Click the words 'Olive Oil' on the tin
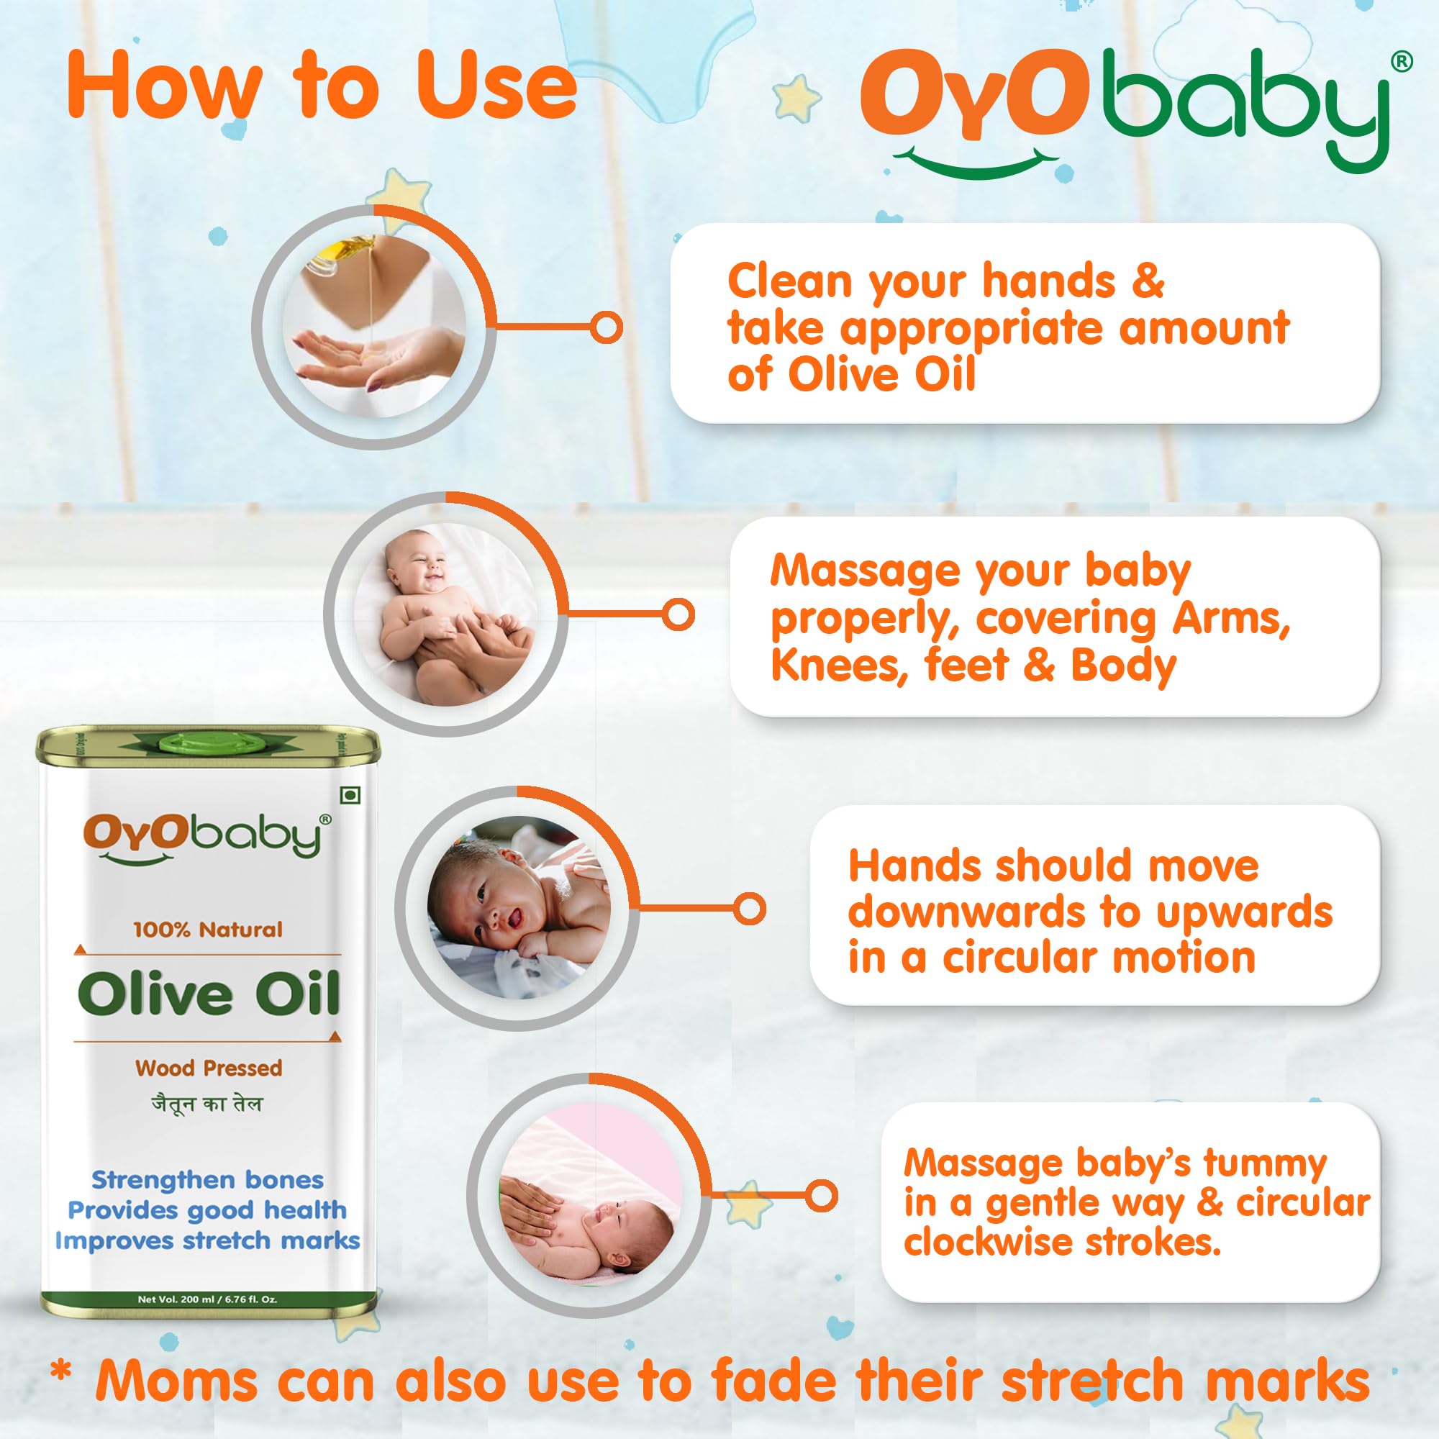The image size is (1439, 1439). click(x=209, y=994)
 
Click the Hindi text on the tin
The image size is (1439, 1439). click(x=207, y=1104)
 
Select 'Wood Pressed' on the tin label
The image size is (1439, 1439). click(x=209, y=1068)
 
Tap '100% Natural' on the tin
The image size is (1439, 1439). click(x=209, y=930)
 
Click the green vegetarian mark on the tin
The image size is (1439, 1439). click(x=350, y=796)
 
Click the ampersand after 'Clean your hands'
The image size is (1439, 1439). click(x=1147, y=281)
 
